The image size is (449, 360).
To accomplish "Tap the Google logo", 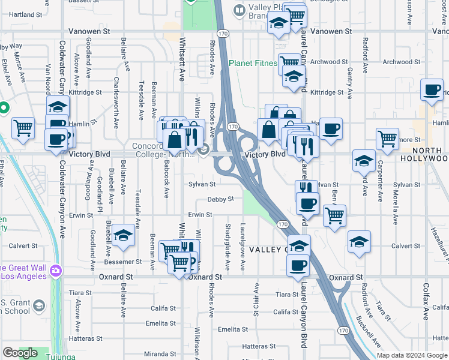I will pos(20,353).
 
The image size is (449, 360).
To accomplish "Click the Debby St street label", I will pos(220,199).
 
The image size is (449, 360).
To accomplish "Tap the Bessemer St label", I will pos(125,262).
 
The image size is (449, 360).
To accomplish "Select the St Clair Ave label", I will pos(256,299).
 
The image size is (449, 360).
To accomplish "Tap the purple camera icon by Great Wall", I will pos(56,271).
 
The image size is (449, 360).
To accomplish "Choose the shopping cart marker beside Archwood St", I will pos(289,62).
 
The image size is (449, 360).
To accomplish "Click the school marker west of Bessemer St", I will pos(123,235).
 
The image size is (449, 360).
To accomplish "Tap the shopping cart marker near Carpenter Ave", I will pos(387,137).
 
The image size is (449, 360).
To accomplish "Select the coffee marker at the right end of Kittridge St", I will pos(431,89).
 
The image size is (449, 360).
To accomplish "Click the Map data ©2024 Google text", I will pos(412,355).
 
